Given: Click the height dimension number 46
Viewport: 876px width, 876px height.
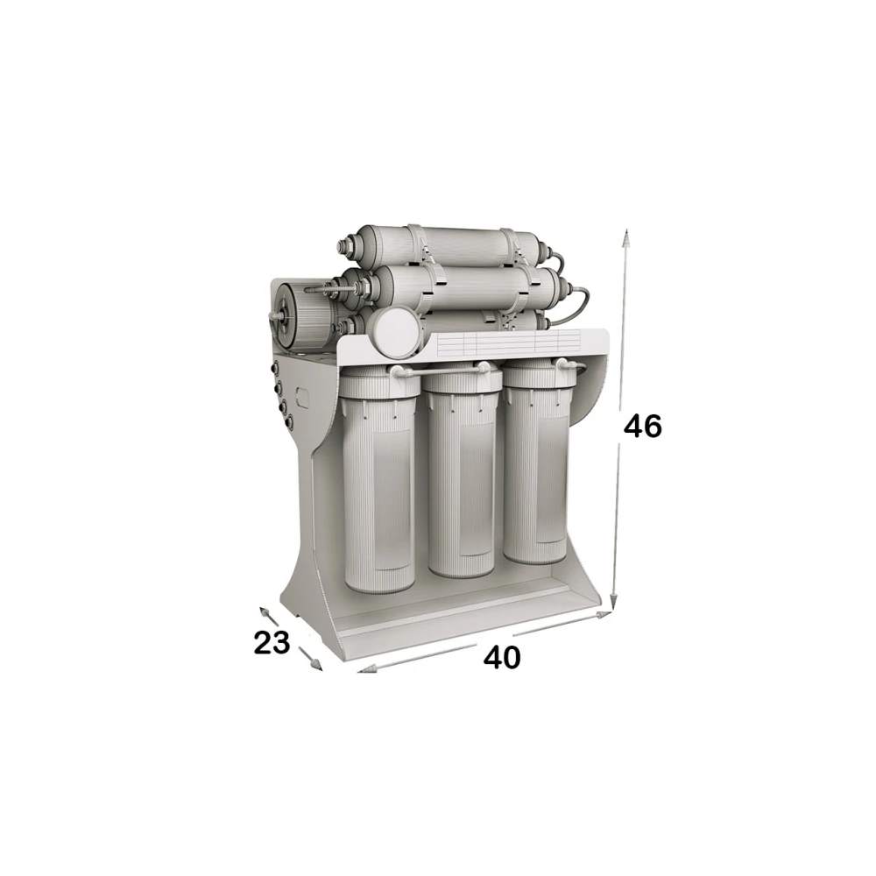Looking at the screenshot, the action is pos(642,427).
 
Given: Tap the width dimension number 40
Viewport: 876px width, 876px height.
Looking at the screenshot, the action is pos(502,657).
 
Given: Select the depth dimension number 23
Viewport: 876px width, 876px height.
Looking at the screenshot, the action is pos(272,642).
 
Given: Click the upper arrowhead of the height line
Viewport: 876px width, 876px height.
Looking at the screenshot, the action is pos(627,237).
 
